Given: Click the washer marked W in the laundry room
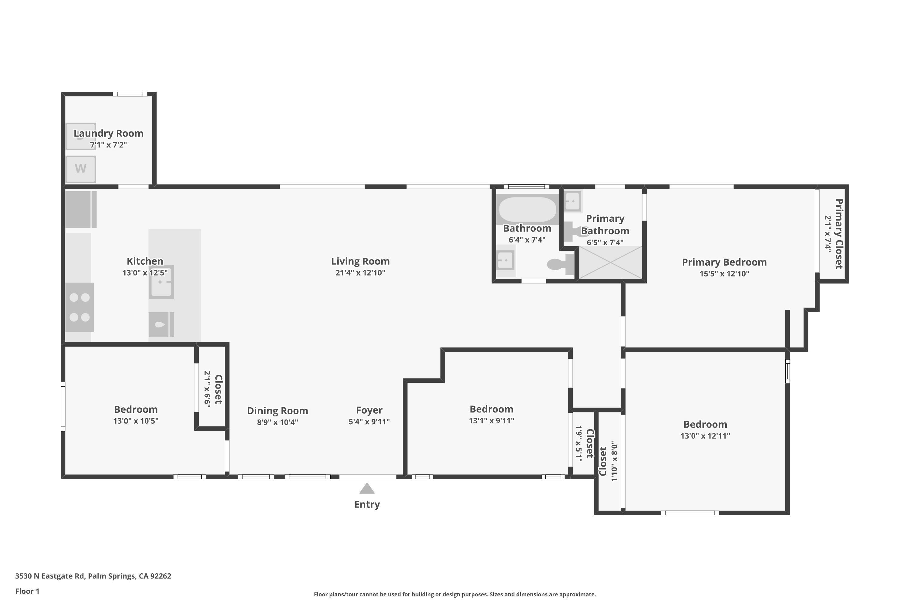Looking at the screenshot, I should (80, 169).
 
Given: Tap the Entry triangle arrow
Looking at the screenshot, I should (367, 489).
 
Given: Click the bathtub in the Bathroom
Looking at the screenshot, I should (527, 209).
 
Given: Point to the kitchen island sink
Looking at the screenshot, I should (161, 282).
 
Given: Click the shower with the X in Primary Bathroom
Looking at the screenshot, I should (610, 263).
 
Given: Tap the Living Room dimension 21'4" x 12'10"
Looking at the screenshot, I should (360, 273).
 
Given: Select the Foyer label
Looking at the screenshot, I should (369, 410).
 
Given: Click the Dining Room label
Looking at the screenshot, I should (278, 411).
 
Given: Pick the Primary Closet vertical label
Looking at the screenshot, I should (839, 234).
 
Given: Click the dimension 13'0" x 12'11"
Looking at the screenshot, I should (705, 436).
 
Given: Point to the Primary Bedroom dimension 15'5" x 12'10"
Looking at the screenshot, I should (724, 274).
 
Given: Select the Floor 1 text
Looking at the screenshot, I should (27, 591).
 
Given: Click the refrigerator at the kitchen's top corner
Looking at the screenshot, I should (80, 209).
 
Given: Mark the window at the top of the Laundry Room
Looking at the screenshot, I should (130, 94).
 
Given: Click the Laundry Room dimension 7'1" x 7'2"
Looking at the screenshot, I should (108, 145).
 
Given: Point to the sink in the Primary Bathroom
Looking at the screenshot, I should (573, 201).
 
